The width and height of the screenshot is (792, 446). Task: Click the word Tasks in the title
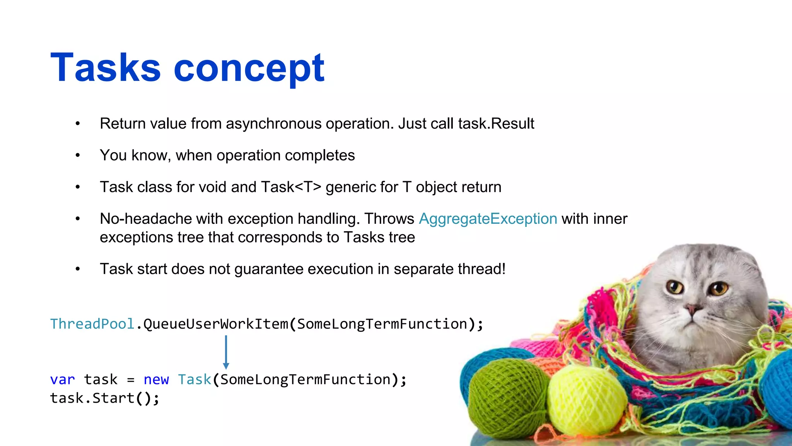pos(105,68)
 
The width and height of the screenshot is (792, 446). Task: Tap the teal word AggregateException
pos(488,219)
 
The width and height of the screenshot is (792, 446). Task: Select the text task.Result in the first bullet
pos(496,124)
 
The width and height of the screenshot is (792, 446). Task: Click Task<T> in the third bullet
pos(291,187)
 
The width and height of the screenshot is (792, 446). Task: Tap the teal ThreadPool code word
pos(92,324)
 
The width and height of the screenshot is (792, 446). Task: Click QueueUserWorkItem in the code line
pos(216,324)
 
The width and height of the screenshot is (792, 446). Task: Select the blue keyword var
pos(62,379)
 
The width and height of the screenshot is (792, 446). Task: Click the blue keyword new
pos(156,379)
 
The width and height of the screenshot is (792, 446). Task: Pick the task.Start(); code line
pos(104,398)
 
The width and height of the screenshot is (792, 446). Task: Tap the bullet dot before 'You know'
pos(78,155)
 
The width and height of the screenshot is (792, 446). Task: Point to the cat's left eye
pos(675,287)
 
